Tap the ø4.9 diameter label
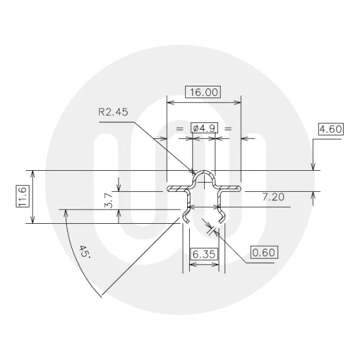(x=204, y=128)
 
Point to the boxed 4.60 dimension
(x=330, y=129)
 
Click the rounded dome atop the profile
(x=204, y=175)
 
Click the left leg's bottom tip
(x=188, y=222)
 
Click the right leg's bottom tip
(x=221, y=222)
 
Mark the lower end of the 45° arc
(x=103, y=297)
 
